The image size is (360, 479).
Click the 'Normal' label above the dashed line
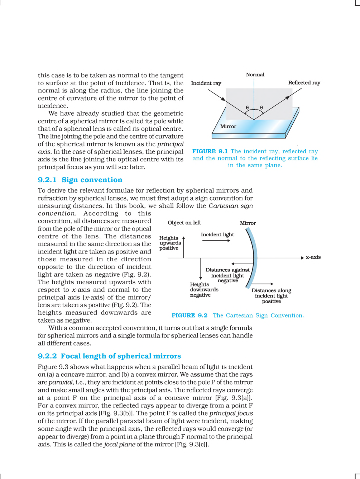pyautogui.click(x=255, y=74)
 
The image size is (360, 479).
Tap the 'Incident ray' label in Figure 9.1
pyautogui.click(x=206, y=83)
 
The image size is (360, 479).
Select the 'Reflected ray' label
pyautogui.click(x=304, y=83)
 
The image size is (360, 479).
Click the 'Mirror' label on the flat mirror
pyautogui.click(x=228, y=126)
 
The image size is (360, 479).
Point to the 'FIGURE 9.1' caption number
pyautogui.click(x=210, y=151)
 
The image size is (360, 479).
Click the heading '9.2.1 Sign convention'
pyautogui.click(x=80, y=180)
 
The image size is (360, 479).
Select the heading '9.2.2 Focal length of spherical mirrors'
pyautogui.click(x=109, y=356)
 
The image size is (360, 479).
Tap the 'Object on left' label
pyautogui.click(x=184, y=223)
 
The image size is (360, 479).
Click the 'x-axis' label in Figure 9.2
pyautogui.click(x=313, y=257)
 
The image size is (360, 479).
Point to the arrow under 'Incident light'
pyautogui.click(x=216, y=241)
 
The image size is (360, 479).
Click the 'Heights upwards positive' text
pyautogui.click(x=170, y=243)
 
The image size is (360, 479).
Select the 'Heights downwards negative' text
pyautogui.click(x=204, y=290)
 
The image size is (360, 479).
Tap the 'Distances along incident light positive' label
pyautogui.click(x=271, y=296)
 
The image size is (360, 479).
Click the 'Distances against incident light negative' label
pyautogui.click(x=227, y=275)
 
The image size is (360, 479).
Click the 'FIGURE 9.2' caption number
pyautogui.click(x=189, y=315)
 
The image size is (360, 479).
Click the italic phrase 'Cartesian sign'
pyautogui.click(x=231, y=205)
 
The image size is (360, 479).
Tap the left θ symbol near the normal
pyautogui.click(x=247, y=107)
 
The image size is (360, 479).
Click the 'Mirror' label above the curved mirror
pyautogui.click(x=248, y=223)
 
